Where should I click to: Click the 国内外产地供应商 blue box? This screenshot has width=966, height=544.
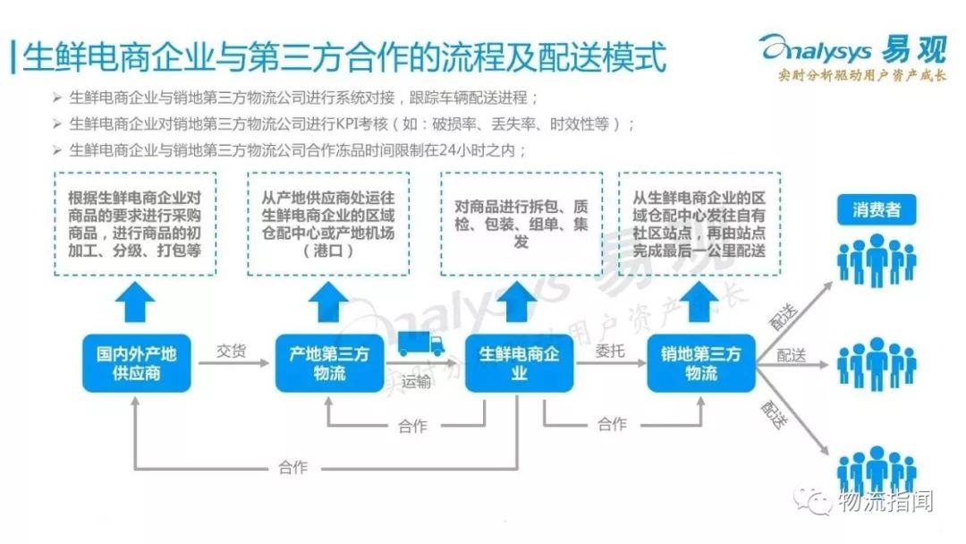(x=136, y=362)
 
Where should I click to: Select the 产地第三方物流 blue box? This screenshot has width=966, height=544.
(x=329, y=362)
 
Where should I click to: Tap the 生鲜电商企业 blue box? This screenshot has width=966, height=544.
(x=519, y=362)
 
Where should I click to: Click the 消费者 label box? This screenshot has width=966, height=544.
(x=876, y=211)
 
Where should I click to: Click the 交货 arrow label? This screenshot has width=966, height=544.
(x=231, y=351)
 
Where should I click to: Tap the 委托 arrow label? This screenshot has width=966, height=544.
(x=610, y=351)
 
